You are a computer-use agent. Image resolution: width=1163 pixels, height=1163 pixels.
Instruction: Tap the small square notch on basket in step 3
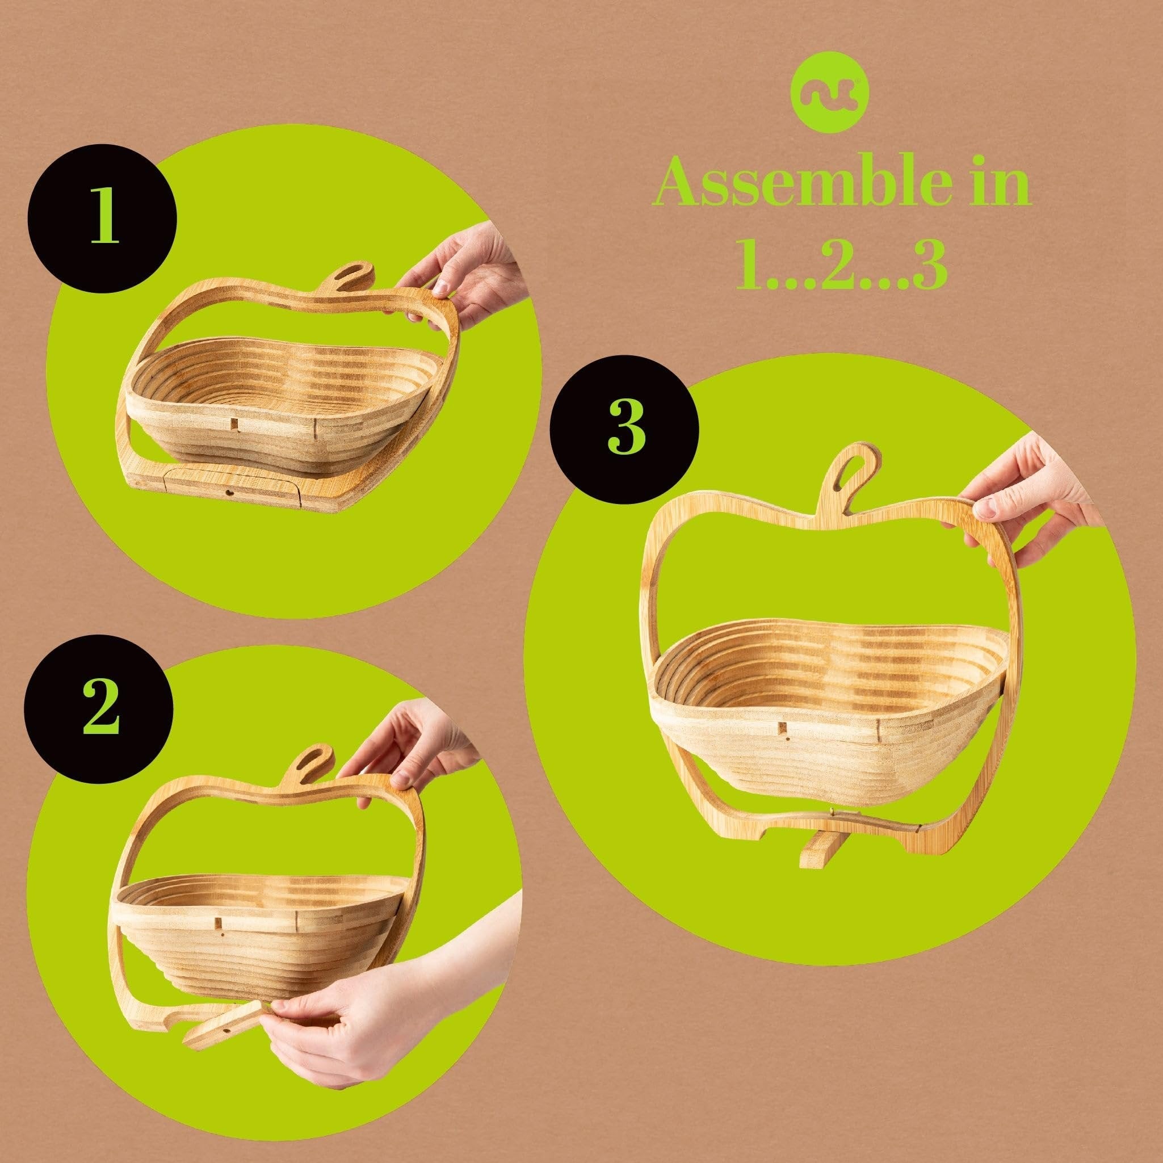780,729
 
